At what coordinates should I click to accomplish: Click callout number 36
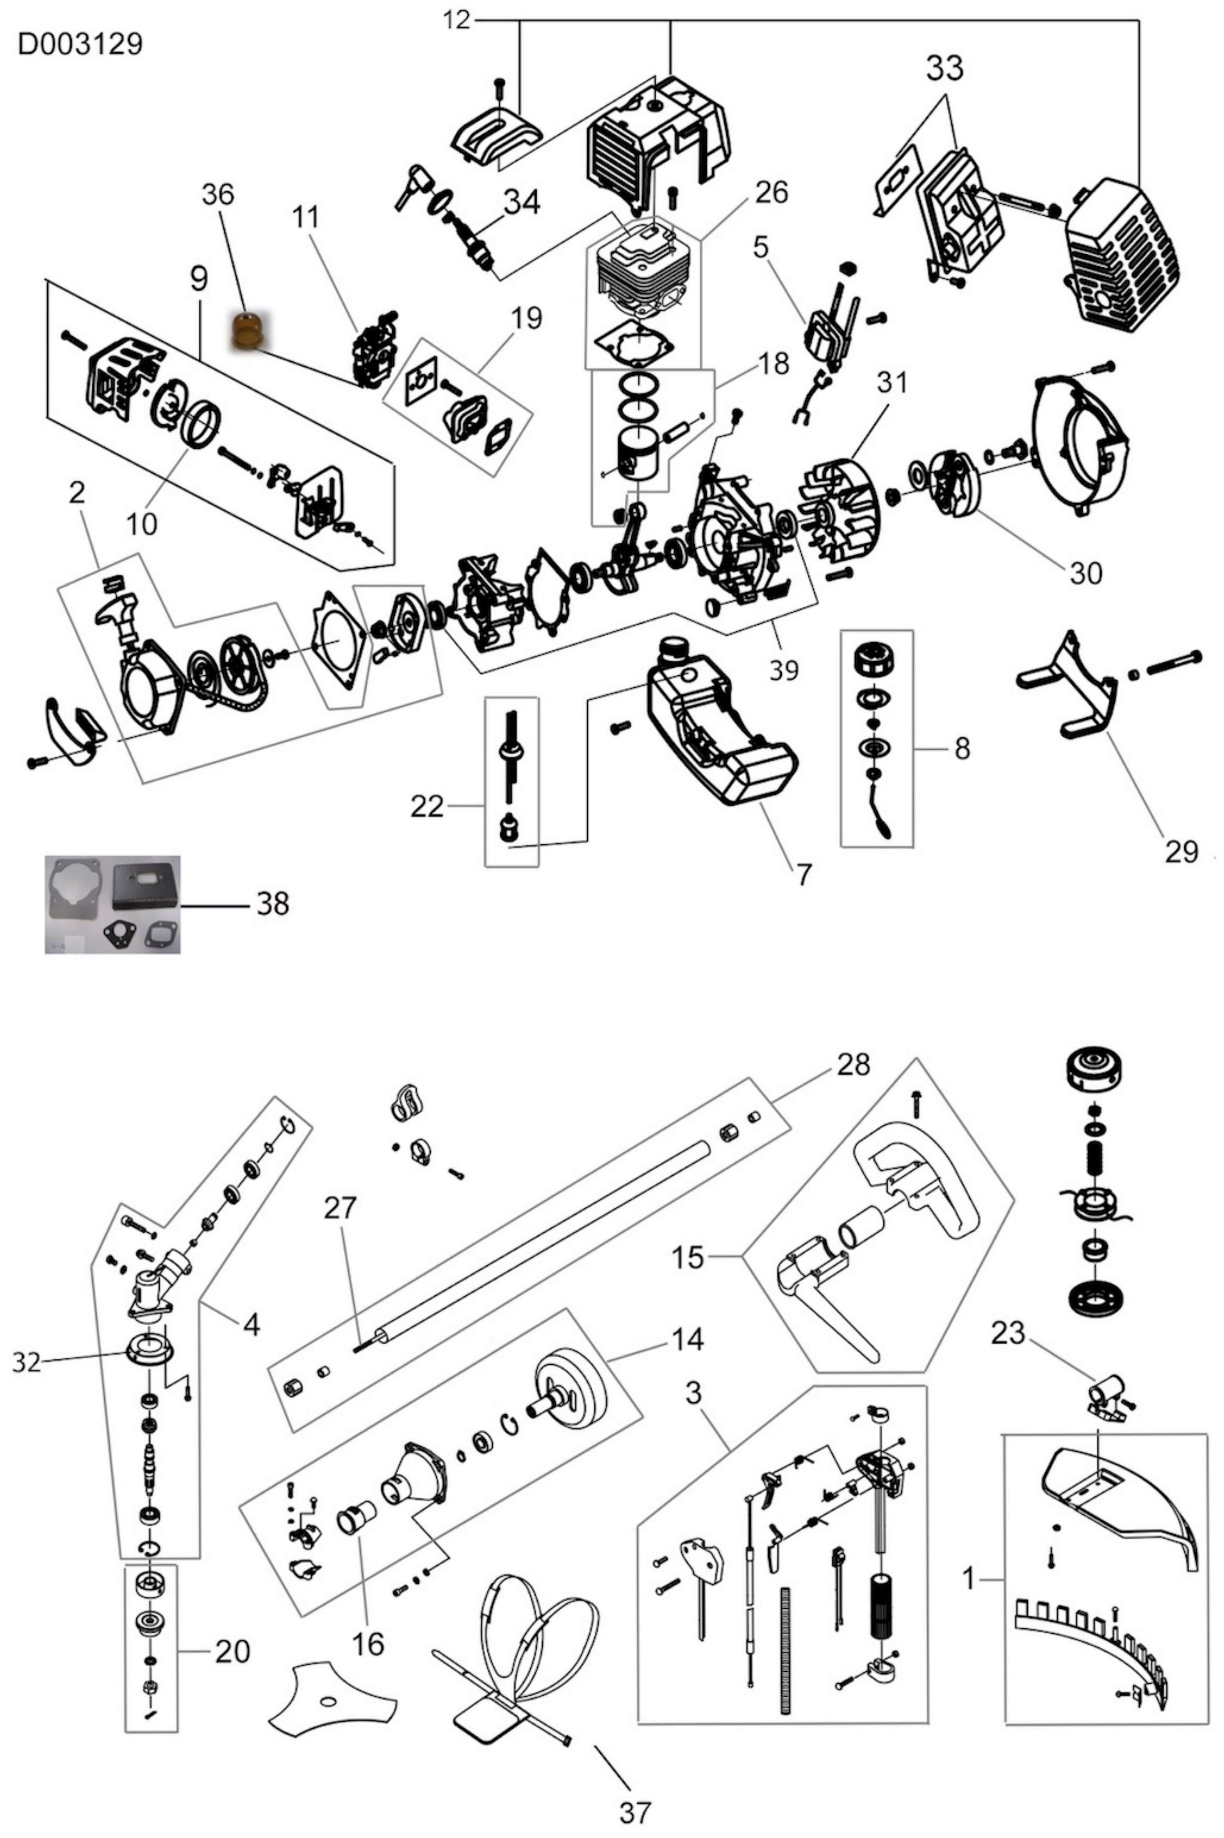(218, 194)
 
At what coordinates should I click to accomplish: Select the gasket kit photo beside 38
(112, 904)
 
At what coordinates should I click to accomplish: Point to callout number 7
(804, 874)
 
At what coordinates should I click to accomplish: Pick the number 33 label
(944, 69)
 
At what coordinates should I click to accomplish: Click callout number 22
(427, 806)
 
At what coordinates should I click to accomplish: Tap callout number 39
(784, 669)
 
